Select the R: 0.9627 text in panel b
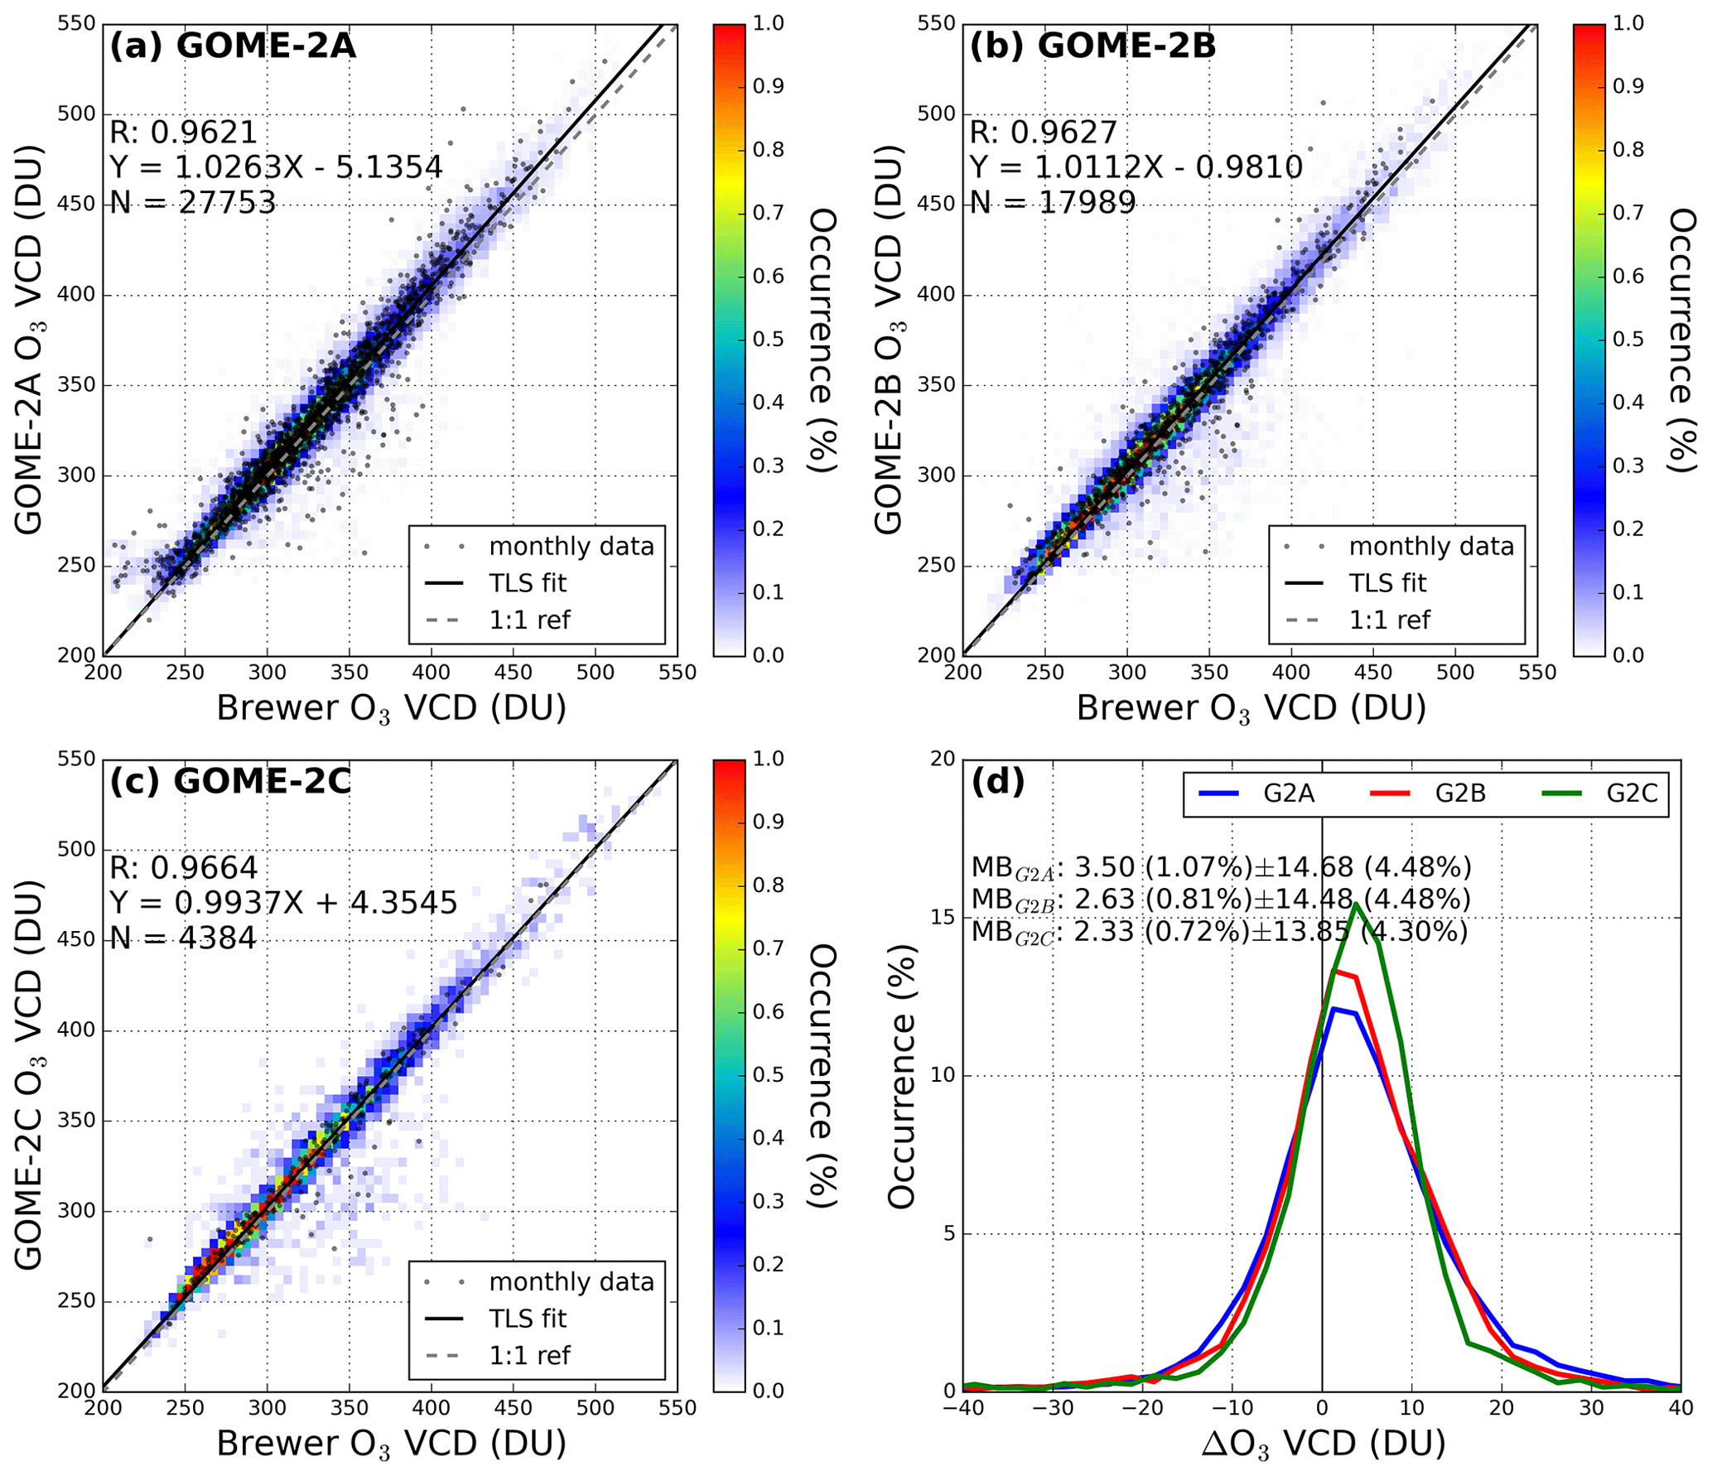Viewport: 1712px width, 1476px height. (x=1043, y=133)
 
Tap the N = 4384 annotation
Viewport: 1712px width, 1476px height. (x=183, y=938)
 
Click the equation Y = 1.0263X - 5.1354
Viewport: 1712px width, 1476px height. (x=276, y=167)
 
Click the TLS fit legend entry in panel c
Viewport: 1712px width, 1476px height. (x=527, y=1319)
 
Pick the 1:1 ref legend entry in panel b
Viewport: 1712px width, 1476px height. (x=1389, y=620)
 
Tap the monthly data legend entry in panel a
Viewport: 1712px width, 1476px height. (x=571, y=547)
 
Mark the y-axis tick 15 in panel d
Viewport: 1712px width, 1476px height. (x=943, y=918)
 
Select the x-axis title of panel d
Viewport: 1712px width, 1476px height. (x=1323, y=1444)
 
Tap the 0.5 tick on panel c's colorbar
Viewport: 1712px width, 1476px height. (x=768, y=1074)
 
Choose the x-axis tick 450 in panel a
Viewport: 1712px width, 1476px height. (x=513, y=672)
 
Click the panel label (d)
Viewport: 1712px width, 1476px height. (x=997, y=781)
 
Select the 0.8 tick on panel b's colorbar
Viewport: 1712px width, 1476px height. (x=1628, y=150)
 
